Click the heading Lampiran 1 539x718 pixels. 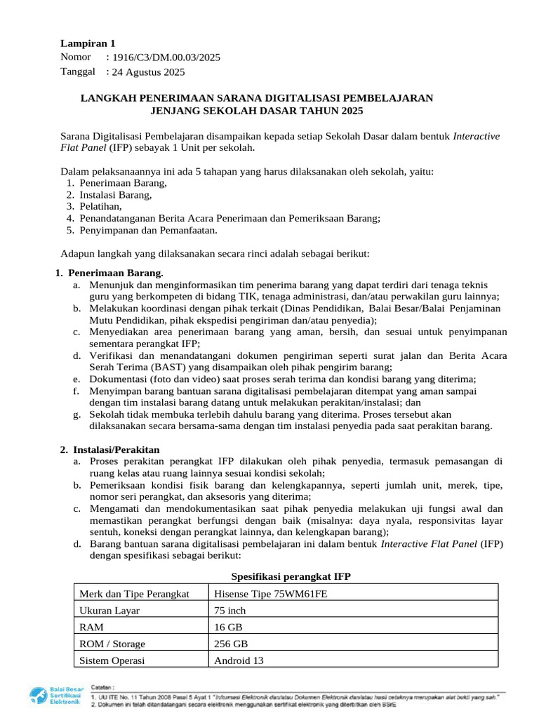[88, 43]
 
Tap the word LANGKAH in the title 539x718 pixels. [106, 97]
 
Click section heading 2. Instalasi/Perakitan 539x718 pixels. [117, 449]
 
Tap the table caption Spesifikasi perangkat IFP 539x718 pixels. [291, 576]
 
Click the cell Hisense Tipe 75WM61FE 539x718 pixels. [271, 594]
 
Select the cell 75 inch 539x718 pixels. [229, 611]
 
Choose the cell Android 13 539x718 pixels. [239, 660]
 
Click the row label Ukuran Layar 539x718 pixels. [109, 611]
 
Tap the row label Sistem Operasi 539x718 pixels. [112, 660]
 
